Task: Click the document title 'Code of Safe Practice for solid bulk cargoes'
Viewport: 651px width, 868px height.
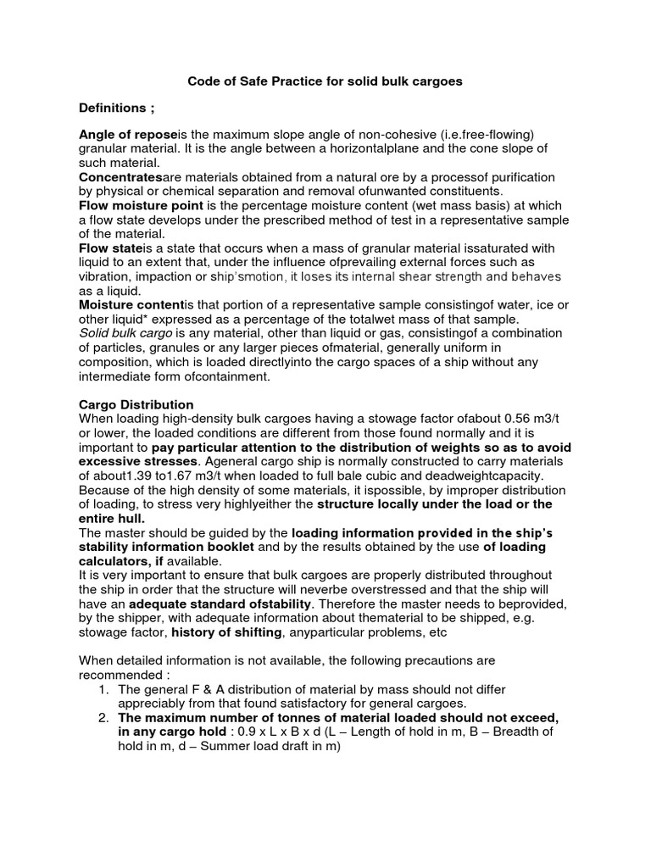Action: pyautogui.click(x=325, y=82)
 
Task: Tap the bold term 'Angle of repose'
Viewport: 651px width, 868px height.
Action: pyautogui.click(x=128, y=136)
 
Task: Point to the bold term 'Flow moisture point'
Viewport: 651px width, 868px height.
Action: pyautogui.click(x=141, y=206)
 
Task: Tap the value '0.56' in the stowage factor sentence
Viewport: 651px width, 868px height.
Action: pyautogui.click(x=520, y=419)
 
